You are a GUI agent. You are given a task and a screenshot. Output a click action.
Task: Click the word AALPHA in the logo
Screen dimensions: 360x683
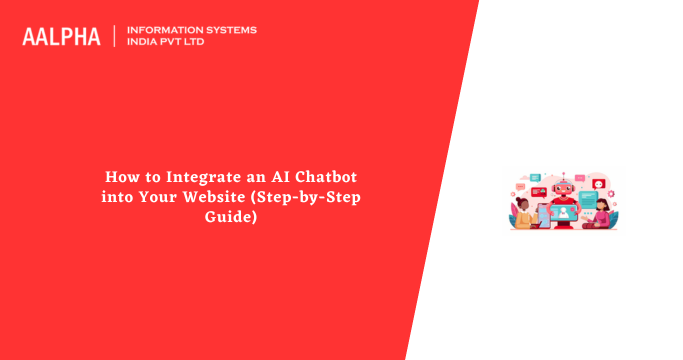pyautogui.click(x=61, y=36)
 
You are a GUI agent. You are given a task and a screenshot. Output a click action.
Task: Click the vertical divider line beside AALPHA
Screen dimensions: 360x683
pyautogui.click(x=115, y=36)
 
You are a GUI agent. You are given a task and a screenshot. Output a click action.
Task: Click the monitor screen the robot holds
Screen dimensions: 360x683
pyautogui.click(x=563, y=213)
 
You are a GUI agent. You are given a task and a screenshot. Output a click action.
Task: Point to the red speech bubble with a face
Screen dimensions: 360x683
pyautogui.click(x=599, y=183)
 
